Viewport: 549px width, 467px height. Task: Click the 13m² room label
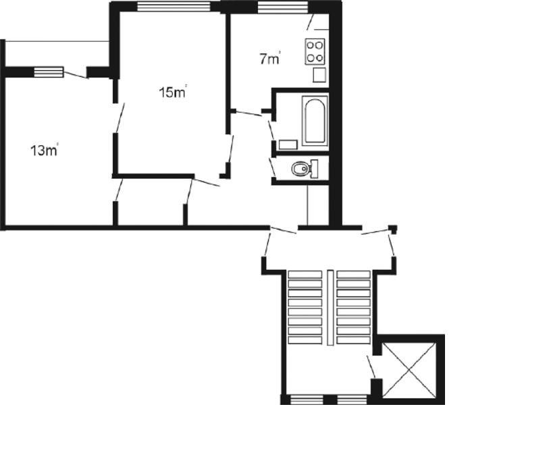[x=45, y=150]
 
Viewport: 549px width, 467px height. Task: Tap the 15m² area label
[x=173, y=92]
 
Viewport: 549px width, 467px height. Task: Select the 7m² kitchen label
[x=270, y=59]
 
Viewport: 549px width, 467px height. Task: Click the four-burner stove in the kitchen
[x=315, y=51]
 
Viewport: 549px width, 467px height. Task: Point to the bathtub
[x=315, y=121]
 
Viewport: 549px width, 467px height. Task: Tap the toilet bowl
[x=300, y=169]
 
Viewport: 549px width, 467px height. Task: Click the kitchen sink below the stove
[x=319, y=75]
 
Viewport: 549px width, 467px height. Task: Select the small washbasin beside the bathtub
[x=288, y=144]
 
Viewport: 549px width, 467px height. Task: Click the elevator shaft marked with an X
[x=409, y=370]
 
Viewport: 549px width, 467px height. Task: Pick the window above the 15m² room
[x=174, y=6]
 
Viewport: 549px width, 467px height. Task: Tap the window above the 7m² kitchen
[x=282, y=7]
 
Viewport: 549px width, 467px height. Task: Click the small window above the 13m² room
[x=49, y=72]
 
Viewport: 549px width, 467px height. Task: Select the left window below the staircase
[x=307, y=400]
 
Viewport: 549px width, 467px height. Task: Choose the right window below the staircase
[x=352, y=400]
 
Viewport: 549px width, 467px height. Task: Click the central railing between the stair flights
[x=330, y=308]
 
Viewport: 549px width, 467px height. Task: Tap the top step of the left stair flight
[x=305, y=275]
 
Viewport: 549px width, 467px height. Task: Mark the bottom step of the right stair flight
[x=353, y=340]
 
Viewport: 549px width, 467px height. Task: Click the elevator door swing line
[x=371, y=366]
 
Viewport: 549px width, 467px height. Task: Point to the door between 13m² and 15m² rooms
[x=120, y=117]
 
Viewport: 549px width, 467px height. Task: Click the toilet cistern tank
[x=315, y=169]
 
